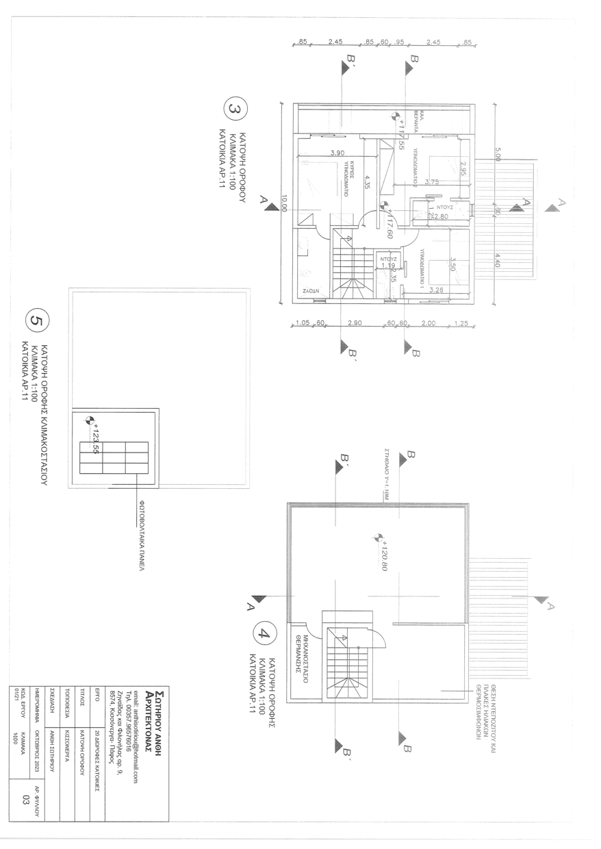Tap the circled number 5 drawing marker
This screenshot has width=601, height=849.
[36, 320]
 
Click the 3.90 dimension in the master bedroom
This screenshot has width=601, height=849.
[337, 153]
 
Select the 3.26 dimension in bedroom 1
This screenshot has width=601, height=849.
[435, 290]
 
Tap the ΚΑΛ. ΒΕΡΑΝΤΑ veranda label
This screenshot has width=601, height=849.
[419, 120]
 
